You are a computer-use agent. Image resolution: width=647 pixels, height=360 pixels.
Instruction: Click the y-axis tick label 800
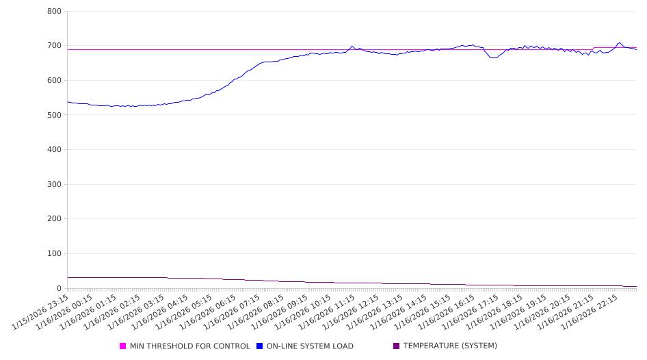pyautogui.click(x=55, y=12)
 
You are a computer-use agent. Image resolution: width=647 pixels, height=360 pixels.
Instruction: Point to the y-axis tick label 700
pyautogui.click(x=55, y=46)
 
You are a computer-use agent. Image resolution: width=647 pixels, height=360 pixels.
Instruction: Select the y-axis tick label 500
pyautogui.click(x=55, y=115)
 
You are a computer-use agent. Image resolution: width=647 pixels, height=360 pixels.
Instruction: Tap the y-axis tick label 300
pyautogui.click(x=55, y=185)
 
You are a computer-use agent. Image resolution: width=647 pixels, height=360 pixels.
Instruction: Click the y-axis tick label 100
pyautogui.click(x=55, y=254)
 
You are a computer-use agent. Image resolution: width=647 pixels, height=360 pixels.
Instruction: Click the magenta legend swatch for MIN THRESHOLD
pyautogui.click(x=122, y=346)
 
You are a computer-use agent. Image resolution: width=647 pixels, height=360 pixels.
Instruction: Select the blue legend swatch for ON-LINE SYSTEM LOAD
pyautogui.click(x=259, y=346)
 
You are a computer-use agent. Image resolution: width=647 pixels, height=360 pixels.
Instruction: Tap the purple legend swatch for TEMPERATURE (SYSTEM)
pyautogui.click(x=396, y=346)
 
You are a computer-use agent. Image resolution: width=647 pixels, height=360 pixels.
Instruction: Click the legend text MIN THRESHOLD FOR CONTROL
pyautogui.click(x=189, y=346)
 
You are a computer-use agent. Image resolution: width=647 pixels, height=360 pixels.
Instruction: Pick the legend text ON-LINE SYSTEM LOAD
pyautogui.click(x=310, y=346)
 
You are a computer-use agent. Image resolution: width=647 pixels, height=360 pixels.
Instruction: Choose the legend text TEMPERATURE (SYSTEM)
pyautogui.click(x=450, y=346)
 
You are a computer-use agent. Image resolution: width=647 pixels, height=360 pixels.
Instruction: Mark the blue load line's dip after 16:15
pyautogui.click(x=493, y=57)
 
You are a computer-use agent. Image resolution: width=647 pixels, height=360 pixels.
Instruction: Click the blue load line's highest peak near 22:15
pyautogui.click(x=620, y=42)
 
